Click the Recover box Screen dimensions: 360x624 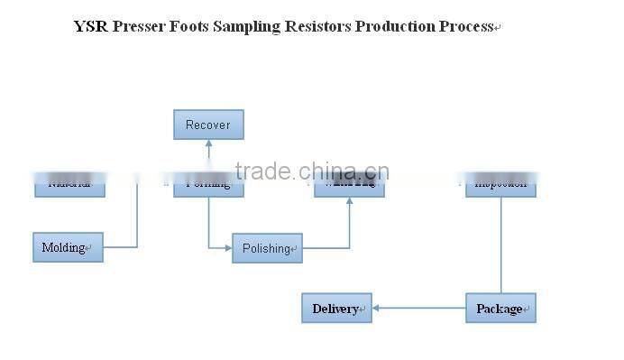coord(208,125)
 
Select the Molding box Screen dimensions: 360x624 coord(68,247)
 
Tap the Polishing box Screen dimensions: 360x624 coord(267,248)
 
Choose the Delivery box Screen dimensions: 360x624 coord(336,309)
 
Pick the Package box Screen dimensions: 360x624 coord(500,309)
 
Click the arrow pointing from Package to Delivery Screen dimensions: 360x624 coord(418,309)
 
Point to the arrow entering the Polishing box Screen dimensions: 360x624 coord(220,247)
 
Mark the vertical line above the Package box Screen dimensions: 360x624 coord(501,244)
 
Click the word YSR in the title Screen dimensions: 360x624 coord(90,26)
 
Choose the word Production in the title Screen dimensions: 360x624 coord(395,26)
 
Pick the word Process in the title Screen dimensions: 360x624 coord(466,26)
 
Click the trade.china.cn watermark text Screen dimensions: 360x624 coord(311,171)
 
